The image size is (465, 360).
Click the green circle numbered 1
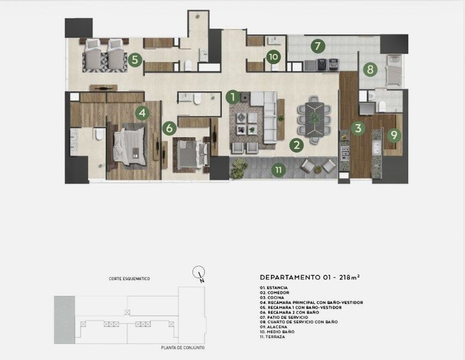[x=233, y=97]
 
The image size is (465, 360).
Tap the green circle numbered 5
[x=135, y=60]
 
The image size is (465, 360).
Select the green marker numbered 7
[x=318, y=46]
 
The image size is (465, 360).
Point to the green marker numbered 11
[x=279, y=170]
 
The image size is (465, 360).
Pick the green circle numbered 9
[x=394, y=135]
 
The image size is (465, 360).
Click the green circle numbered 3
[x=358, y=128]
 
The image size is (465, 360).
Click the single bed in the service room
[x=394, y=70]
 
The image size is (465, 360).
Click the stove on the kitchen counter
[x=344, y=153]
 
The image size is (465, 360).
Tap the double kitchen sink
[x=376, y=148]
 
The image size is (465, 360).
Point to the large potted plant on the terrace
[x=239, y=169]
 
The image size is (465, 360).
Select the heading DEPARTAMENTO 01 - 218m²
[x=310, y=278]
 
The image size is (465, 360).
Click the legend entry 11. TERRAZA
[x=272, y=337]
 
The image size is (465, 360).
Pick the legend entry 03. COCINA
[x=271, y=298]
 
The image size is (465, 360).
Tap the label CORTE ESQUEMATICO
[x=129, y=279]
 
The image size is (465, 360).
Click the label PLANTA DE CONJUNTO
[x=183, y=347]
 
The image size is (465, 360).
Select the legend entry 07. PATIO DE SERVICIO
[x=284, y=317]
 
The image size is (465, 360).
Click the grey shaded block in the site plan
[x=64, y=320]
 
